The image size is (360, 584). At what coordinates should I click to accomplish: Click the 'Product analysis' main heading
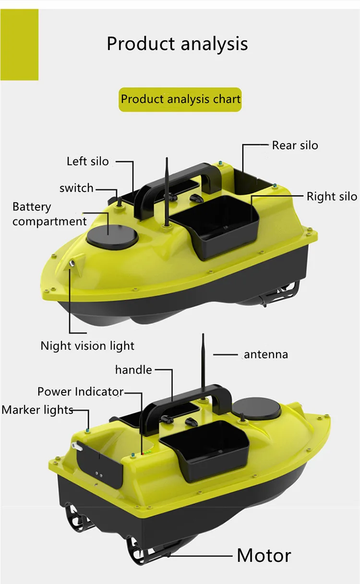[177, 44]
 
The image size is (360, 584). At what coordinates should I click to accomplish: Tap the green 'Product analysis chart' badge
[180, 99]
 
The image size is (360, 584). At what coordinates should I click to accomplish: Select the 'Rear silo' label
[295, 145]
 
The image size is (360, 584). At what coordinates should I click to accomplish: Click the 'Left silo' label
[87, 161]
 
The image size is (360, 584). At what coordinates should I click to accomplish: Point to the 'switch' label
[76, 188]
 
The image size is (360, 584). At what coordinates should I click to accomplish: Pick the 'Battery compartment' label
[49, 214]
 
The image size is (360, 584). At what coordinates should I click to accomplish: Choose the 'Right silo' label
[332, 196]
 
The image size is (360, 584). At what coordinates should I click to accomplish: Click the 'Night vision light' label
[87, 346]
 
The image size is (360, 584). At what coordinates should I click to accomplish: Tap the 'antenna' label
[266, 355]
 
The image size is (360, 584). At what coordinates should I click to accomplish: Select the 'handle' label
[133, 370]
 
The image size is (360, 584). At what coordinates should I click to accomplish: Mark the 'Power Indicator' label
[80, 392]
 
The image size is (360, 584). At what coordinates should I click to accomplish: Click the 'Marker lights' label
[37, 410]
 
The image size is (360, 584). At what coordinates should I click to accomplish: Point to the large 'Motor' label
[264, 556]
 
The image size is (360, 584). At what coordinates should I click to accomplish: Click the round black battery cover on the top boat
[111, 236]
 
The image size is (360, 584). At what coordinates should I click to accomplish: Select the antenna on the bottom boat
[204, 365]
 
